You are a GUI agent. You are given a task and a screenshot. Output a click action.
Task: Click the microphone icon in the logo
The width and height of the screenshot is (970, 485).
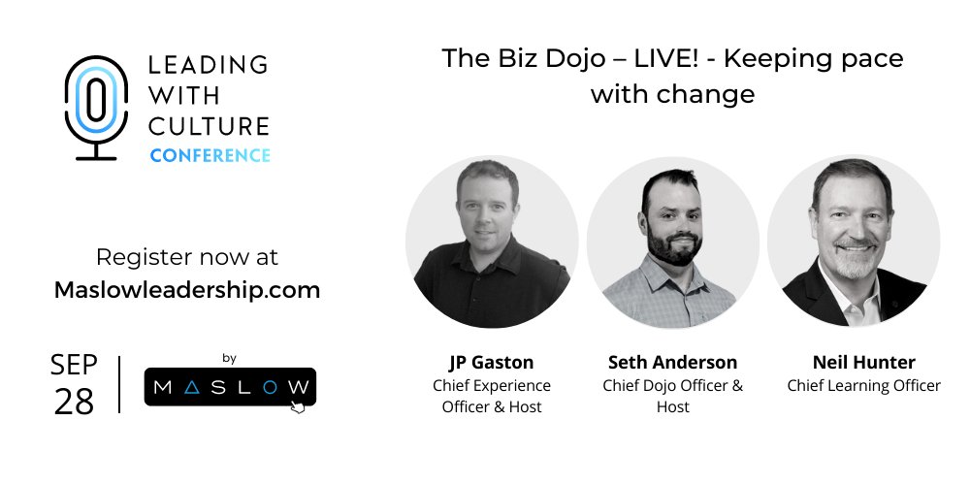[x=95, y=107]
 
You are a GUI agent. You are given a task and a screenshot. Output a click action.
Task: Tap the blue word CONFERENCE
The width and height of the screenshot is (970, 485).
[x=210, y=155]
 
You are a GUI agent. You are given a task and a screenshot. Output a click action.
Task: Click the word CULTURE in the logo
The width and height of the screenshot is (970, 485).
[x=208, y=125]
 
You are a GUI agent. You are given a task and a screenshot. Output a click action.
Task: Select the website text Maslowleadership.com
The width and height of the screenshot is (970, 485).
[x=187, y=289]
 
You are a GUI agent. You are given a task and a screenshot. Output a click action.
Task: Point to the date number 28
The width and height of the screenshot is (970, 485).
[x=74, y=401]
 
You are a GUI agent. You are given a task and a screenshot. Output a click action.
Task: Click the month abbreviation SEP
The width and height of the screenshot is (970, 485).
[x=74, y=366]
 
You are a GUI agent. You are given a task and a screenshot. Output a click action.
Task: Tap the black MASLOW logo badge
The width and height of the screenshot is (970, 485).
[x=230, y=387]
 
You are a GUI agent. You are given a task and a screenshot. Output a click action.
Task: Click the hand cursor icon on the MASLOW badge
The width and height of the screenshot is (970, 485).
[x=298, y=407]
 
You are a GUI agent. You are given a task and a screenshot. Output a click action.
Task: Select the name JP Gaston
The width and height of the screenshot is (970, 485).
[x=491, y=363]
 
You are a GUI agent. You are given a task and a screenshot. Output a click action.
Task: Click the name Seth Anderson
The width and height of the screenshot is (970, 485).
[x=672, y=363]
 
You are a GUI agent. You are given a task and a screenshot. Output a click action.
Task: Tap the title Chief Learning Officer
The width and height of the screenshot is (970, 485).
[x=863, y=385]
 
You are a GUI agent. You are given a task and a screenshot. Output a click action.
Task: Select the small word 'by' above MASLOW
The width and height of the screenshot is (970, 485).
[x=230, y=358]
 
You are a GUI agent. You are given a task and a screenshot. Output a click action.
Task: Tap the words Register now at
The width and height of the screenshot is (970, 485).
[x=187, y=258]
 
